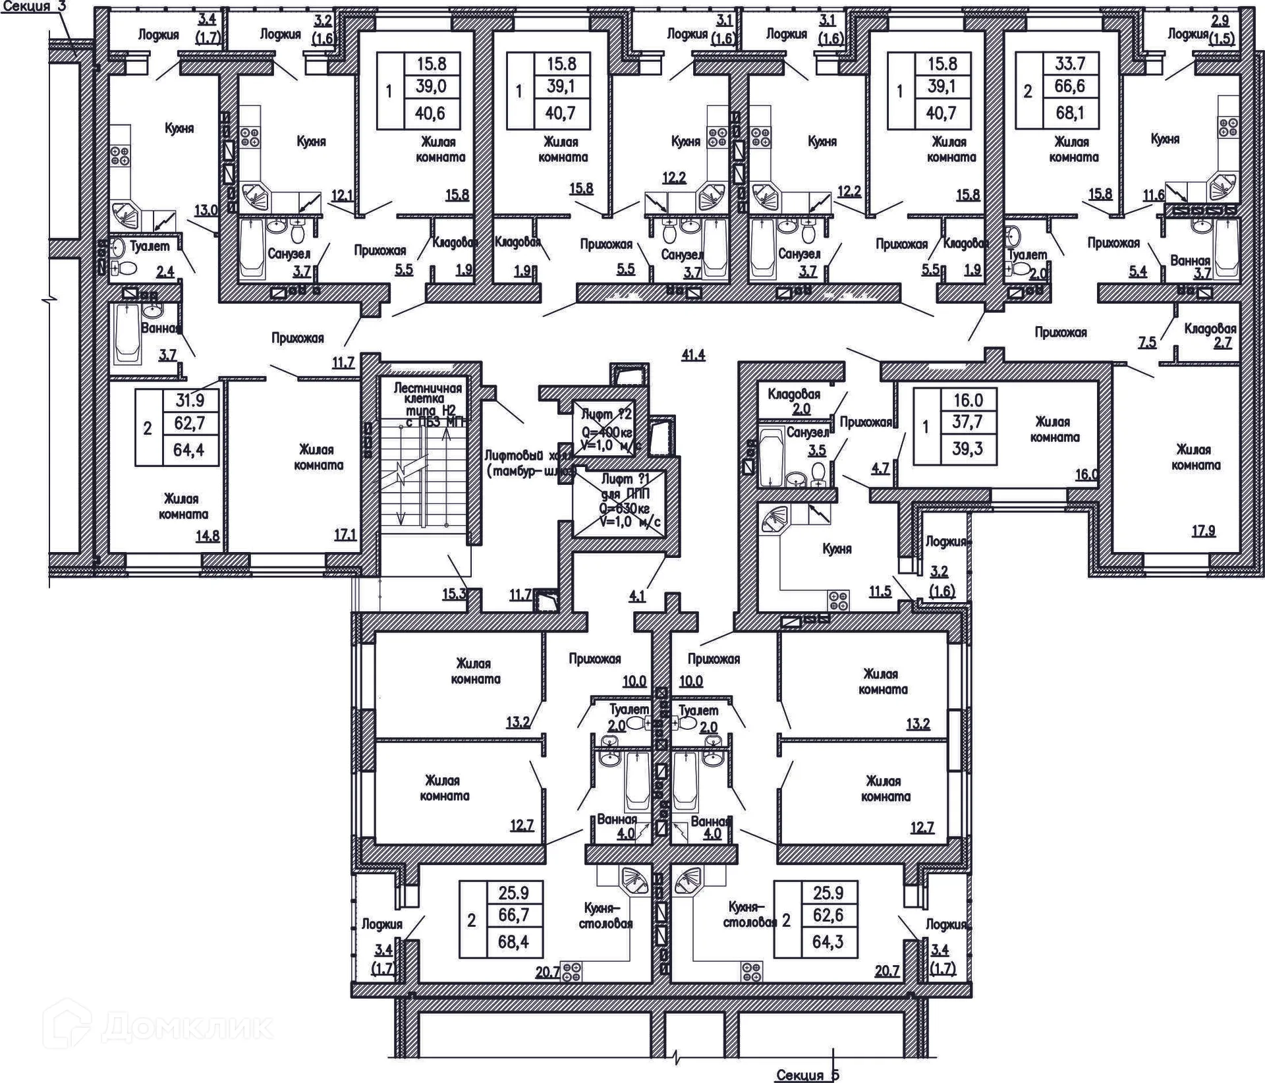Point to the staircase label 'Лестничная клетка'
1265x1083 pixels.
coord(428,393)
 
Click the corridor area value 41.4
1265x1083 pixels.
coord(693,356)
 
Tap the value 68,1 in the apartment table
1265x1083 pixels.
coord(1069,113)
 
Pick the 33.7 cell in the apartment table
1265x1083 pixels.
coord(1069,64)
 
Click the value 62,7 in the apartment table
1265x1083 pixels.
coord(189,424)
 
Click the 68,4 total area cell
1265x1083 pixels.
coord(516,941)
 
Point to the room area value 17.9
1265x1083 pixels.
coord(1203,530)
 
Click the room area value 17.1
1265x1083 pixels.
coord(345,535)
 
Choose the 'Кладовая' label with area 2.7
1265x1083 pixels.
coord(1210,328)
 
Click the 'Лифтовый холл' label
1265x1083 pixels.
coord(527,463)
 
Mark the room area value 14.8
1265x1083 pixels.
coord(207,536)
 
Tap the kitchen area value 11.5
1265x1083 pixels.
coord(880,591)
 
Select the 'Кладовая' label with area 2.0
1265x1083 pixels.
coord(794,395)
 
